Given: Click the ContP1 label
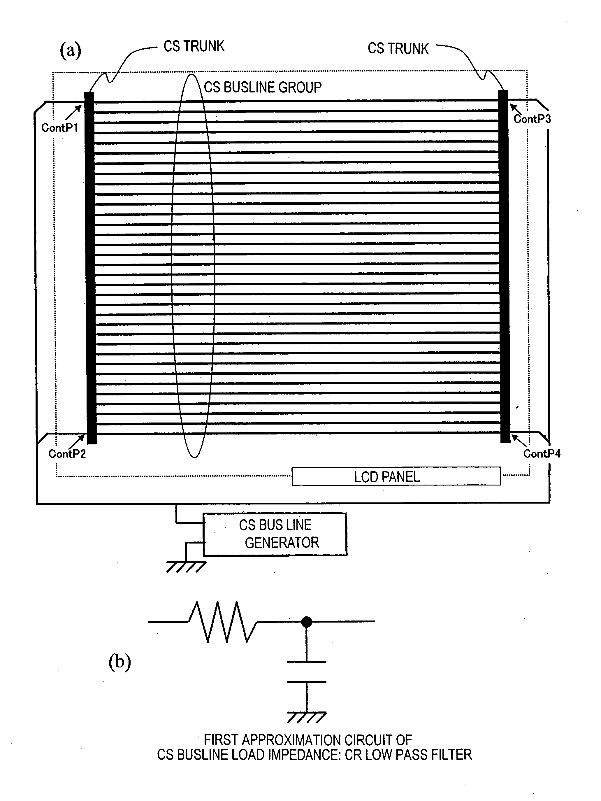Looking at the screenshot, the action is click(60, 127).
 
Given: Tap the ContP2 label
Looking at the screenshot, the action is click(67, 454).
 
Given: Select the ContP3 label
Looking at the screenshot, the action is click(532, 119).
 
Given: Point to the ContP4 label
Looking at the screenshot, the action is click(542, 454).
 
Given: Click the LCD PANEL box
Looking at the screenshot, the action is click(396, 476).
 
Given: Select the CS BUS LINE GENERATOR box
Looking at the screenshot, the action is click(275, 534).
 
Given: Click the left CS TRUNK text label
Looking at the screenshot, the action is click(194, 46).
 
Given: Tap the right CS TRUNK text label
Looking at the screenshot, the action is click(398, 48).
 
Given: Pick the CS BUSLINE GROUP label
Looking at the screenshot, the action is click(263, 87).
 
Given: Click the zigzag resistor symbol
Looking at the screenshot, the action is click(223, 622).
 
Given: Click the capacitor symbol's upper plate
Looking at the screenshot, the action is click(307, 662).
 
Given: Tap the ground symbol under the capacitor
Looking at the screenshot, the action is click(307, 717).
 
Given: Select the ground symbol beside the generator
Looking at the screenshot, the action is click(186, 567).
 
